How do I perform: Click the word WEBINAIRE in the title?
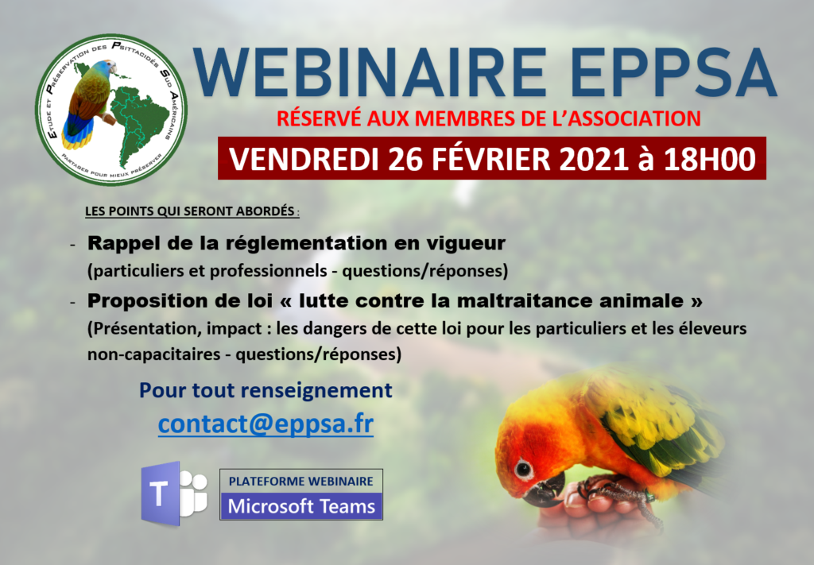pos(370,72)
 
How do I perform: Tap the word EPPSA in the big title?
pos(676,72)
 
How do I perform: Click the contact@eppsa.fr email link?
pos(266,424)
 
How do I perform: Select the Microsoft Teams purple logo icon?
pos(174,493)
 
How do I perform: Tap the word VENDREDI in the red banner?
pos(304,159)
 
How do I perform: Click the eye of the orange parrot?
pos(524,470)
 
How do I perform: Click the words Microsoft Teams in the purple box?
pos(301,506)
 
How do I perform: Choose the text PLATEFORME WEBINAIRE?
pos(301,481)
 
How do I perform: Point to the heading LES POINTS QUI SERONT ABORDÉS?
pos(190,211)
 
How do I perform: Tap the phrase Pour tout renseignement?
pos(266,391)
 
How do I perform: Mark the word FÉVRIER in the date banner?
pos(491,159)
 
